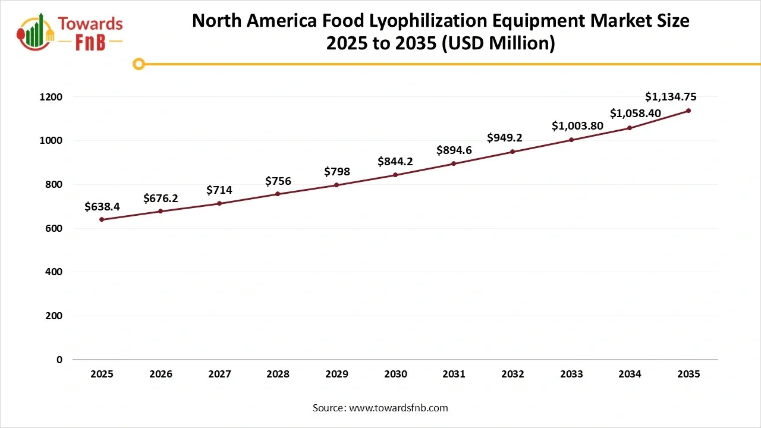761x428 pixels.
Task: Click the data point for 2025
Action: tap(102, 219)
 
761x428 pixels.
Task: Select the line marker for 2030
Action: tap(395, 175)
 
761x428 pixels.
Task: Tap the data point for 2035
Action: tap(688, 111)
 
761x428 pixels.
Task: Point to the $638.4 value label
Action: tap(102, 207)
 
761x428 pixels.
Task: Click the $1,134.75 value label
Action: tap(671, 97)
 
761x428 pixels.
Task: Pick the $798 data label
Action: tap(337, 172)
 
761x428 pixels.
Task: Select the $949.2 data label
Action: tap(505, 138)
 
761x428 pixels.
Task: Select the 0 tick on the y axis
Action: tap(59, 360)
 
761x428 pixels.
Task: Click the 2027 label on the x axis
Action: tap(219, 374)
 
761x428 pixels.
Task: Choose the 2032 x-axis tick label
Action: tap(512, 374)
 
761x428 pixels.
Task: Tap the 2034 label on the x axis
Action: tap(630, 374)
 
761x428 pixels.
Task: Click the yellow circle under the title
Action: tap(139, 64)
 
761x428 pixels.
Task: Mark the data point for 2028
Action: tap(278, 194)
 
